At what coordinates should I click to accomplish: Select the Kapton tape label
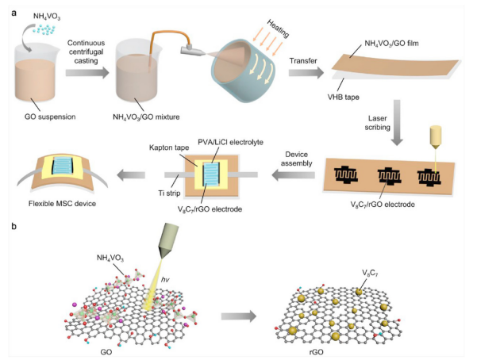click(x=170, y=148)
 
